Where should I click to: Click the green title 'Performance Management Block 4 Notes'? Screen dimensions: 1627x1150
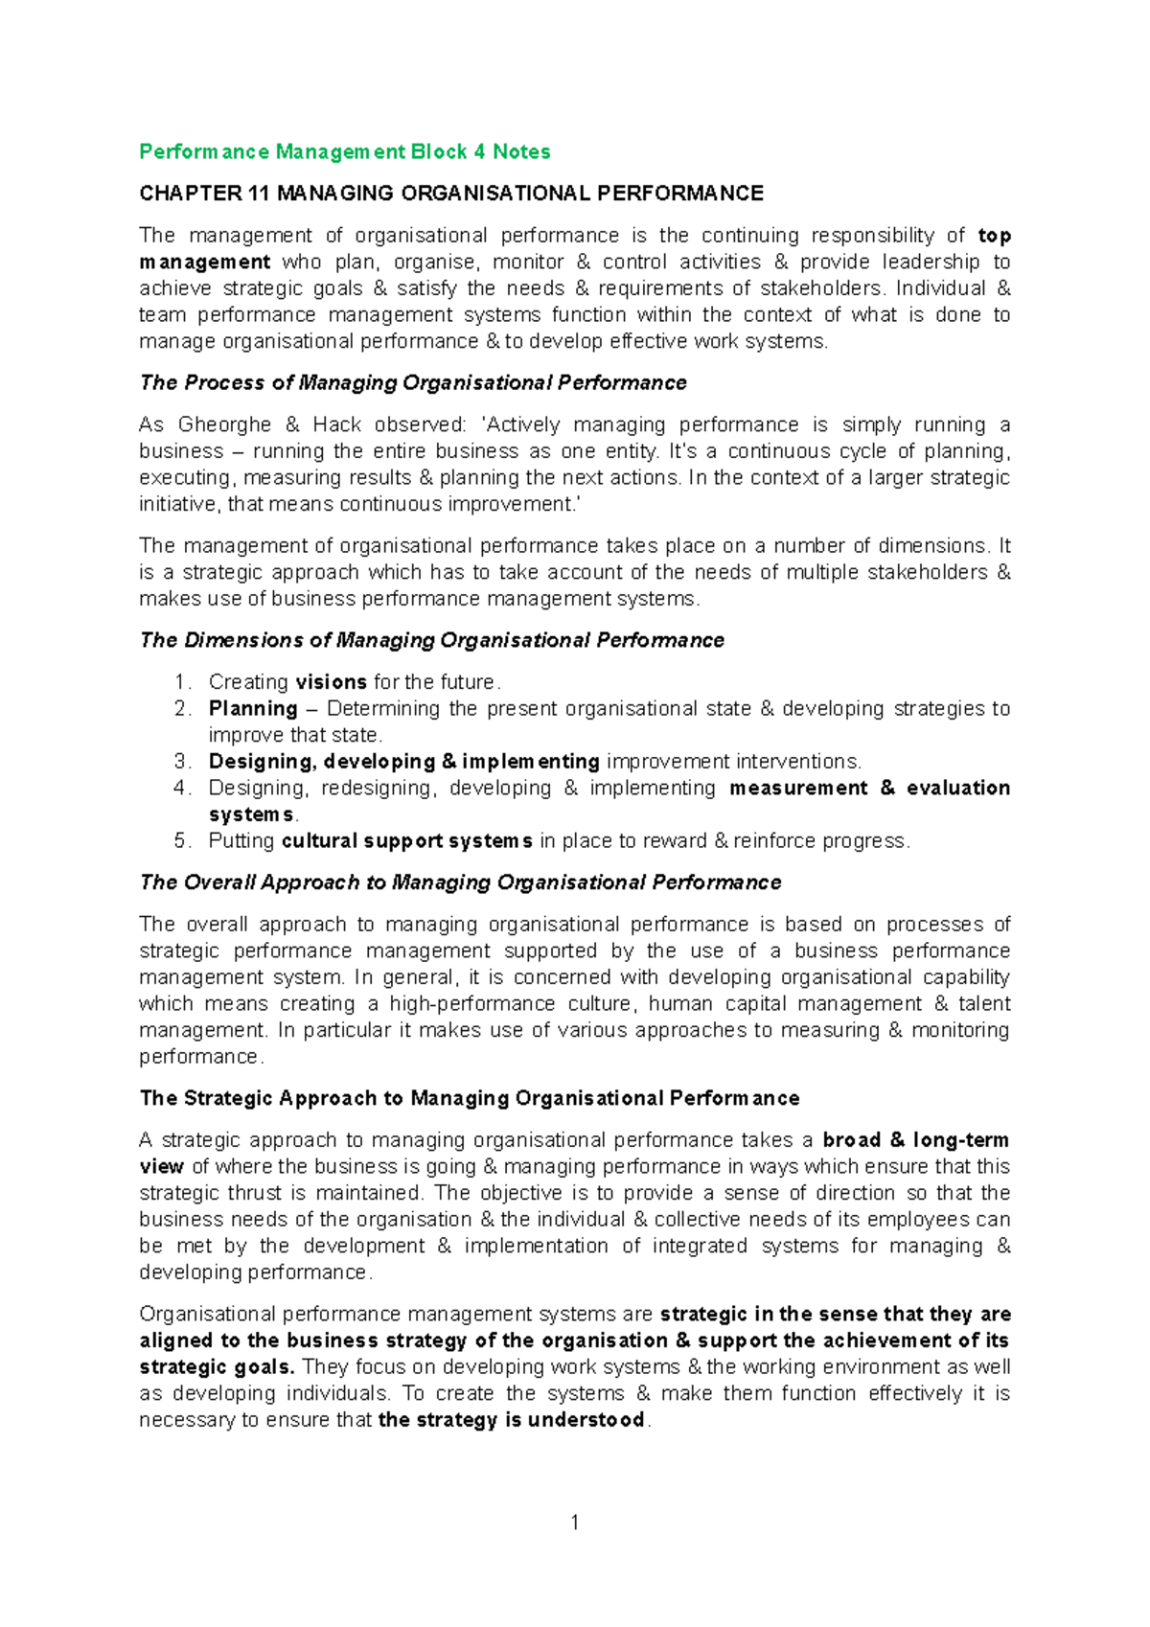pos(345,151)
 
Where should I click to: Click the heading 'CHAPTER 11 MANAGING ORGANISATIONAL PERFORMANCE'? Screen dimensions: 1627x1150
pos(451,194)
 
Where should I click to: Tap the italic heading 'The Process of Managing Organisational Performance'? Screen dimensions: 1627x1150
pos(413,383)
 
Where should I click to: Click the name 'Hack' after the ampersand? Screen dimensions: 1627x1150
pos(337,424)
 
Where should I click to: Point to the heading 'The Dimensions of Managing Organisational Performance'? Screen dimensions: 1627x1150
pos(432,640)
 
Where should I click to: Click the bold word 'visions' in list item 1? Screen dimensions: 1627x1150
pos(331,682)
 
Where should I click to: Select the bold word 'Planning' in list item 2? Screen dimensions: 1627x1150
pos(253,709)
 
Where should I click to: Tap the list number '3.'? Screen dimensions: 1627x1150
pos(183,762)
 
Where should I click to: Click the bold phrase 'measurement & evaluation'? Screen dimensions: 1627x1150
pos(869,788)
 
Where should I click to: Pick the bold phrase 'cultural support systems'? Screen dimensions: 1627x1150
pos(407,841)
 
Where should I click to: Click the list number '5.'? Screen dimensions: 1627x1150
pos(183,841)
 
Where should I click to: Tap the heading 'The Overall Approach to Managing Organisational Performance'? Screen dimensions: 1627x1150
pos(460,882)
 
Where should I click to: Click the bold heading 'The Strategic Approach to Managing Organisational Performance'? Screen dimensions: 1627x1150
pos(470,1098)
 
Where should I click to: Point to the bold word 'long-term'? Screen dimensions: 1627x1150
pos(960,1140)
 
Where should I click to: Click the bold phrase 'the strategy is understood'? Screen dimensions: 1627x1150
pos(512,1420)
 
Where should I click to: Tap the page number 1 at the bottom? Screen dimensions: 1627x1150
pos(575,1523)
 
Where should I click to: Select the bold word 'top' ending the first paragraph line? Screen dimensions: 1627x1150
pos(994,236)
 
